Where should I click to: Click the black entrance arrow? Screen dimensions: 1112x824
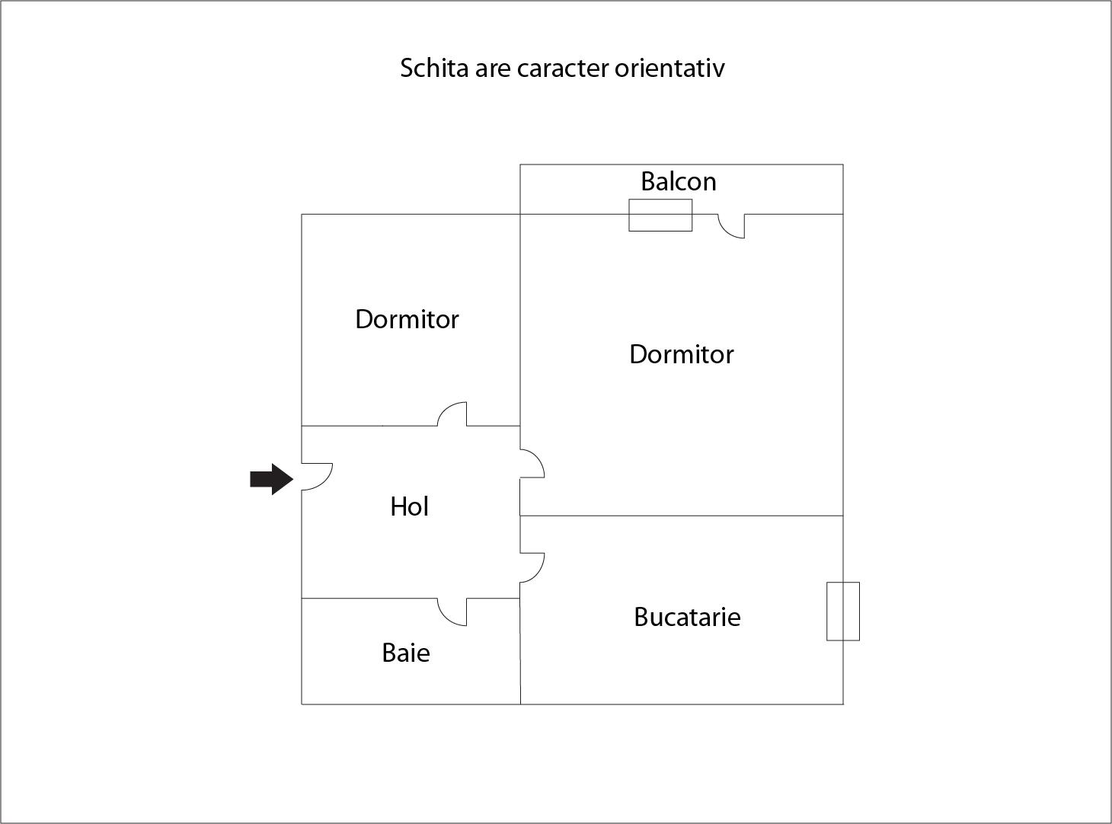point(271,479)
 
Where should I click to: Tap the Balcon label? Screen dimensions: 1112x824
point(679,181)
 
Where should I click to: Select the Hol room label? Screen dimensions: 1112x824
point(409,506)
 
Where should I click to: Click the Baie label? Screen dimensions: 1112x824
point(406,653)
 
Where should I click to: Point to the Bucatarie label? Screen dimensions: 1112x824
point(687,617)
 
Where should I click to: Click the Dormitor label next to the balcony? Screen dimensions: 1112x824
point(682,355)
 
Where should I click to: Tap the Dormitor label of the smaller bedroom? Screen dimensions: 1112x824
point(407,319)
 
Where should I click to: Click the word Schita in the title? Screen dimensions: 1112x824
point(434,69)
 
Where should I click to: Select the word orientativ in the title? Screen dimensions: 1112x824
point(669,69)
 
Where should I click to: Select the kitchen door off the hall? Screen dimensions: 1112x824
point(537,573)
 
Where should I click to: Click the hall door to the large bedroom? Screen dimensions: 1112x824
point(537,458)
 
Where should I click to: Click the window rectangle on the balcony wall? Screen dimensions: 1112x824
point(660,216)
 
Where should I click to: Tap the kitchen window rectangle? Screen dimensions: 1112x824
point(843,612)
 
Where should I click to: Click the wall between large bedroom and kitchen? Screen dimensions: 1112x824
point(682,516)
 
